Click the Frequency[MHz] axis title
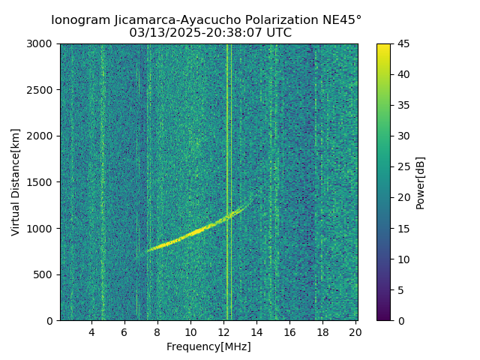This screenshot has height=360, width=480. pyautogui.click(x=208, y=346)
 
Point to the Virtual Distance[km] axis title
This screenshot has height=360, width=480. pyautogui.click(x=16, y=182)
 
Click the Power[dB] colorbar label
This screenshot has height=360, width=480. pyautogui.click(x=421, y=182)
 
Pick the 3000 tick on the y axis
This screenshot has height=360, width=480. pyautogui.click(x=42, y=44)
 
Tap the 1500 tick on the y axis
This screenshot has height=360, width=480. pyautogui.click(x=42, y=182)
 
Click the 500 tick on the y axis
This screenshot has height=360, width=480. pyautogui.click(x=45, y=274)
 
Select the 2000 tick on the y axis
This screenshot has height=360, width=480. pyautogui.click(x=42, y=136)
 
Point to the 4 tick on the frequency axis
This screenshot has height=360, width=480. pyautogui.click(x=91, y=332)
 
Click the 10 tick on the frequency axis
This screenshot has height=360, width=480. pyautogui.click(x=190, y=332)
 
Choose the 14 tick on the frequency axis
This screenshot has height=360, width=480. pyautogui.click(x=256, y=332)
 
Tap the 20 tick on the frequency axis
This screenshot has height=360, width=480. pyautogui.click(x=355, y=332)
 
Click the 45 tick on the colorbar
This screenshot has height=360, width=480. pyautogui.click(x=402, y=44)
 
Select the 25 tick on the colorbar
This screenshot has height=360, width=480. pyautogui.click(x=402, y=167)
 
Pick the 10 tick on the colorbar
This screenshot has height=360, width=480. pyautogui.click(x=402, y=259)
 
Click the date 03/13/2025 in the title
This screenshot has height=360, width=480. pyautogui.click(x=161, y=33)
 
